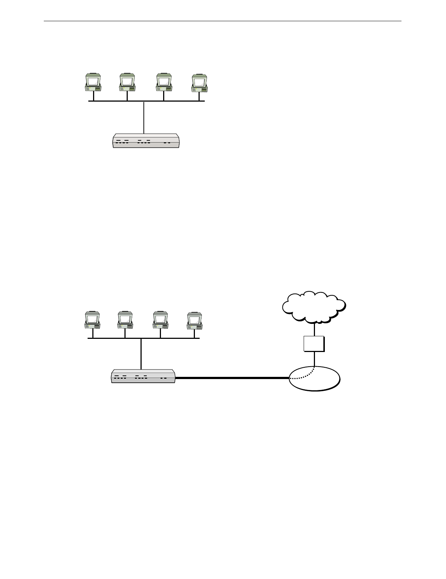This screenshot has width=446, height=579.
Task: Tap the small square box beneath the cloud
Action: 314,344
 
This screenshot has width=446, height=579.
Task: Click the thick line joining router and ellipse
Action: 232,378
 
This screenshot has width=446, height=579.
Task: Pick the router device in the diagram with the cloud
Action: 143,376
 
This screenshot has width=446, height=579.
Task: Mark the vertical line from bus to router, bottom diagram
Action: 141,354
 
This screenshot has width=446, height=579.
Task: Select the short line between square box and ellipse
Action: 314,359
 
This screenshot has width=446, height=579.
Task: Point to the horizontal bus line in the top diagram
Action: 175,101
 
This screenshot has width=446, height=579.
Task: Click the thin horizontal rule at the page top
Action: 223,21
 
